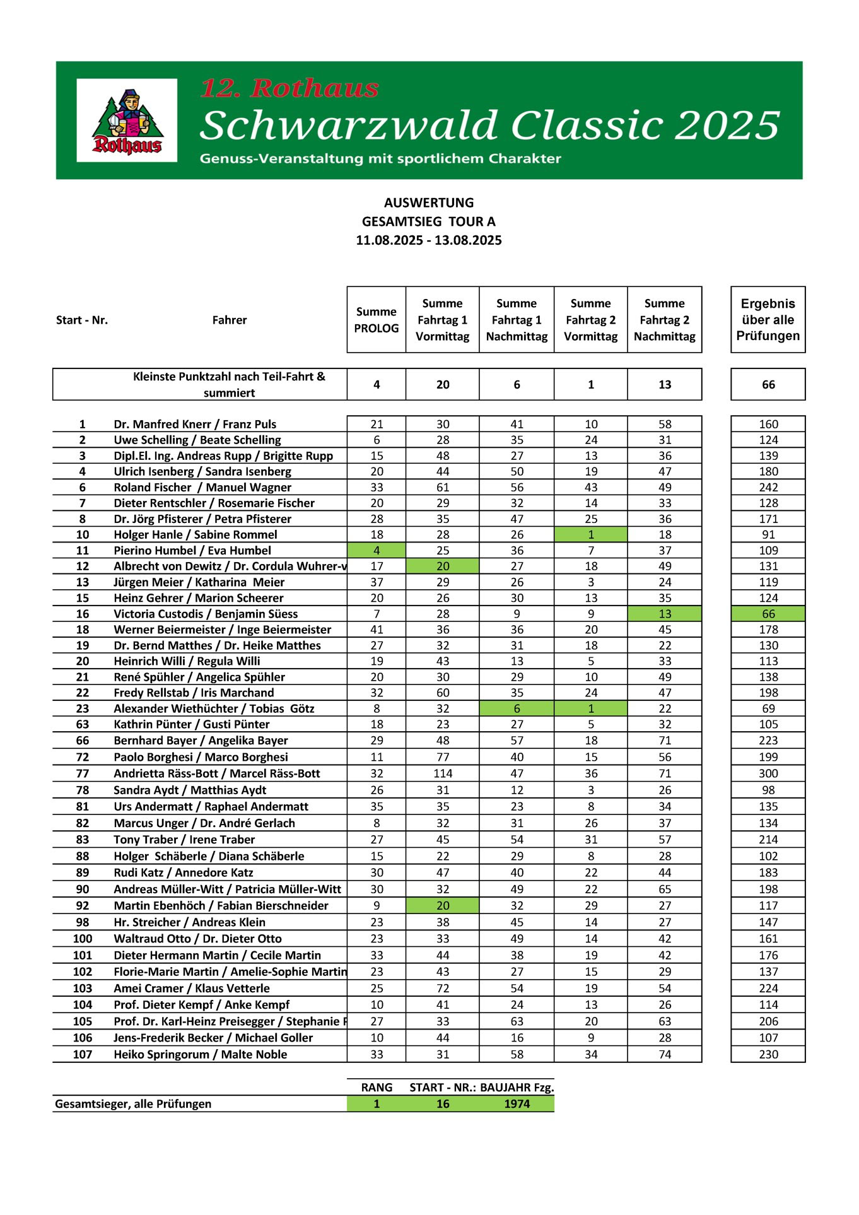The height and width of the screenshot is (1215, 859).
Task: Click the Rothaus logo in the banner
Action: tap(127, 120)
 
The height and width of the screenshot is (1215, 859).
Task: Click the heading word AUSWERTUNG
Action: tap(429, 202)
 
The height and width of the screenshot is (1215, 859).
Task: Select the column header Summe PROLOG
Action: tap(377, 320)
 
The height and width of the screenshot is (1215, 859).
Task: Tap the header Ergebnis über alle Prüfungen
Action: tap(768, 320)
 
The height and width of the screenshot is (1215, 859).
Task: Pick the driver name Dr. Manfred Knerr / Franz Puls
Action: tap(195, 424)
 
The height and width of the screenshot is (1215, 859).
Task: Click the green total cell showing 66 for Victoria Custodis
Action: tap(768, 614)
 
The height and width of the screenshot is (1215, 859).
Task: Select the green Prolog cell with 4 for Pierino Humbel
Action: tap(377, 550)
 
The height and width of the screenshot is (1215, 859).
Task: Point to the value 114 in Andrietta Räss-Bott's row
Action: tap(443, 773)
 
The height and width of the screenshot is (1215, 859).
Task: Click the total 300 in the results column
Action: tap(768, 773)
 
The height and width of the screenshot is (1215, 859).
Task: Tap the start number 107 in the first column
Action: tap(83, 1054)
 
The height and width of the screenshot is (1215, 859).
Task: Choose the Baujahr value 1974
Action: tap(517, 1103)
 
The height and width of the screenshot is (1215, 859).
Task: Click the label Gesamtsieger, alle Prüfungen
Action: tap(133, 1103)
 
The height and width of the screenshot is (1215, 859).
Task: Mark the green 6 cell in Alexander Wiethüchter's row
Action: tap(517, 708)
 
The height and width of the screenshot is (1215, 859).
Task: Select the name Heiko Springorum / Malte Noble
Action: tap(201, 1054)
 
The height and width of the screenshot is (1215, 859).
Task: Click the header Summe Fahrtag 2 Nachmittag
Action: tap(665, 320)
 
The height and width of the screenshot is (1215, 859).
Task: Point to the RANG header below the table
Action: tap(377, 1087)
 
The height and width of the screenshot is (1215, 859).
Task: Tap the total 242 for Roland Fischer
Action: tap(768, 487)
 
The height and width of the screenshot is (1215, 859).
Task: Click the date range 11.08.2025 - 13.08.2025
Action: tap(429, 240)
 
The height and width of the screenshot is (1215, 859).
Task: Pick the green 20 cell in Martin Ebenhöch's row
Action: tap(443, 905)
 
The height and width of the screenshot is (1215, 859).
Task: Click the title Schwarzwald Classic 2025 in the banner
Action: tap(489, 125)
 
